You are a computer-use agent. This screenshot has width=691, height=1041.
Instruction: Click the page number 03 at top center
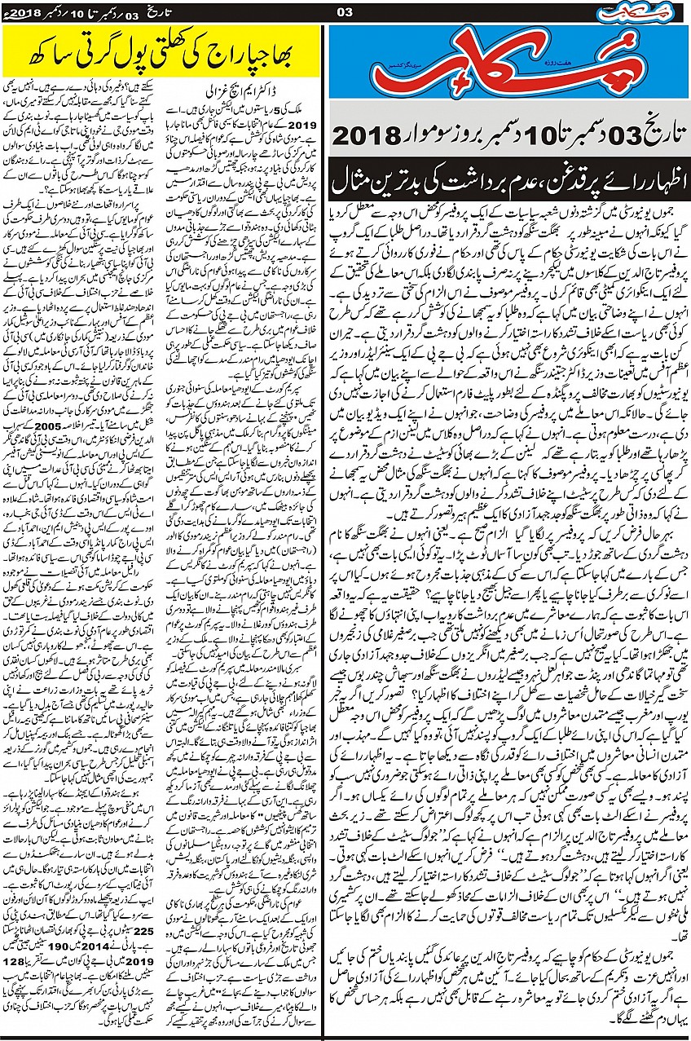(344, 11)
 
